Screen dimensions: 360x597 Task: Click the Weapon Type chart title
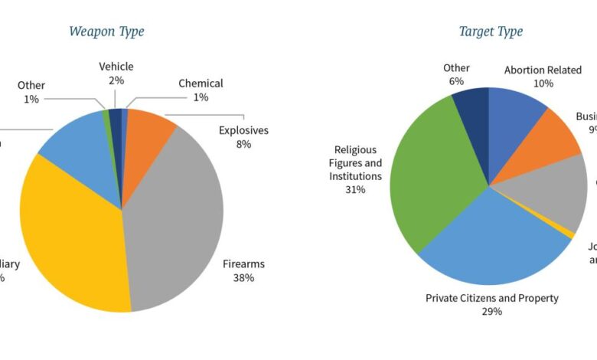pos(106,31)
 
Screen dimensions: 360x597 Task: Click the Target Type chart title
pos(491,31)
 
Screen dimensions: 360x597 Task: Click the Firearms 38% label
pos(243,270)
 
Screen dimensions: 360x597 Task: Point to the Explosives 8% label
pos(243,136)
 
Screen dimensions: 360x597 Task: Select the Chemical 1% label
pos(201,90)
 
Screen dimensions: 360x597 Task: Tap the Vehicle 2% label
pos(116,74)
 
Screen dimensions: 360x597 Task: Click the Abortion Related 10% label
pos(543,77)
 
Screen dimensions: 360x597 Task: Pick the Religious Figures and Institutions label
pos(355,169)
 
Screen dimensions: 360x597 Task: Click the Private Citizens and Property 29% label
pos(491,304)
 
